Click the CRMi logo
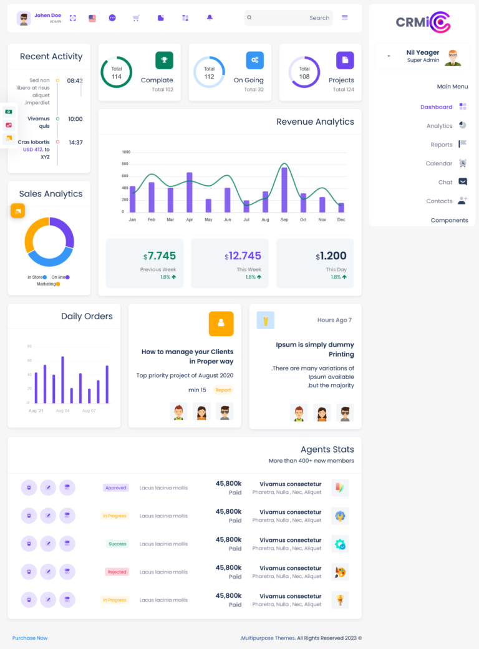(x=422, y=22)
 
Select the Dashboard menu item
(x=437, y=107)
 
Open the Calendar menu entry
(x=439, y=163)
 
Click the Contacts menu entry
(x=439, y=201)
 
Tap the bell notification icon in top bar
(x=210, y=18)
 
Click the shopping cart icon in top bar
(x=136, y=18)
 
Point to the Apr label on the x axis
(x=190, y=220)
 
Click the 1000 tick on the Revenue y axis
(x=126, y=152)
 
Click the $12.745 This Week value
(x=243, y=256)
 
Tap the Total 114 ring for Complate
(x=117, y=72)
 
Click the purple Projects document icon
(x=345, y=60)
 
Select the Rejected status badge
(x=117, y=572)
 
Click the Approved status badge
(x=116, y=488)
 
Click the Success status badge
(x=117, y=544)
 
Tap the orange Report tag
(x=223, y=390)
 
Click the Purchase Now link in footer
(x=30, y=638)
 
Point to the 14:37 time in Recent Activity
(x=75, y=143)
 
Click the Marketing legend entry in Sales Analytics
(x=47, y=284)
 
